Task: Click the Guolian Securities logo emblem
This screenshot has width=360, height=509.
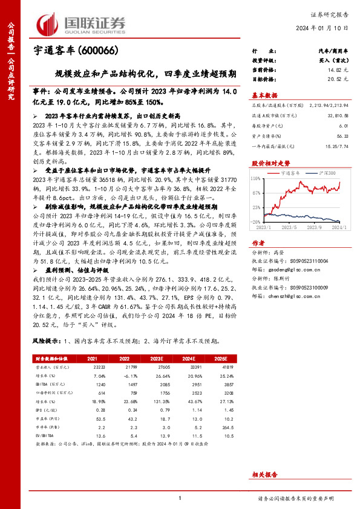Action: pyautogui.click(x=49, y=24)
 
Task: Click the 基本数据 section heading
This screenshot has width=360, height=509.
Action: pyautogui.click(x=264, y=95)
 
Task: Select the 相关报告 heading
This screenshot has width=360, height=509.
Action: pyautogui.click(x=264, y=459)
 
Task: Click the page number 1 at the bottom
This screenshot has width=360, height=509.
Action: pyautogui.click(x=180, y=498)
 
